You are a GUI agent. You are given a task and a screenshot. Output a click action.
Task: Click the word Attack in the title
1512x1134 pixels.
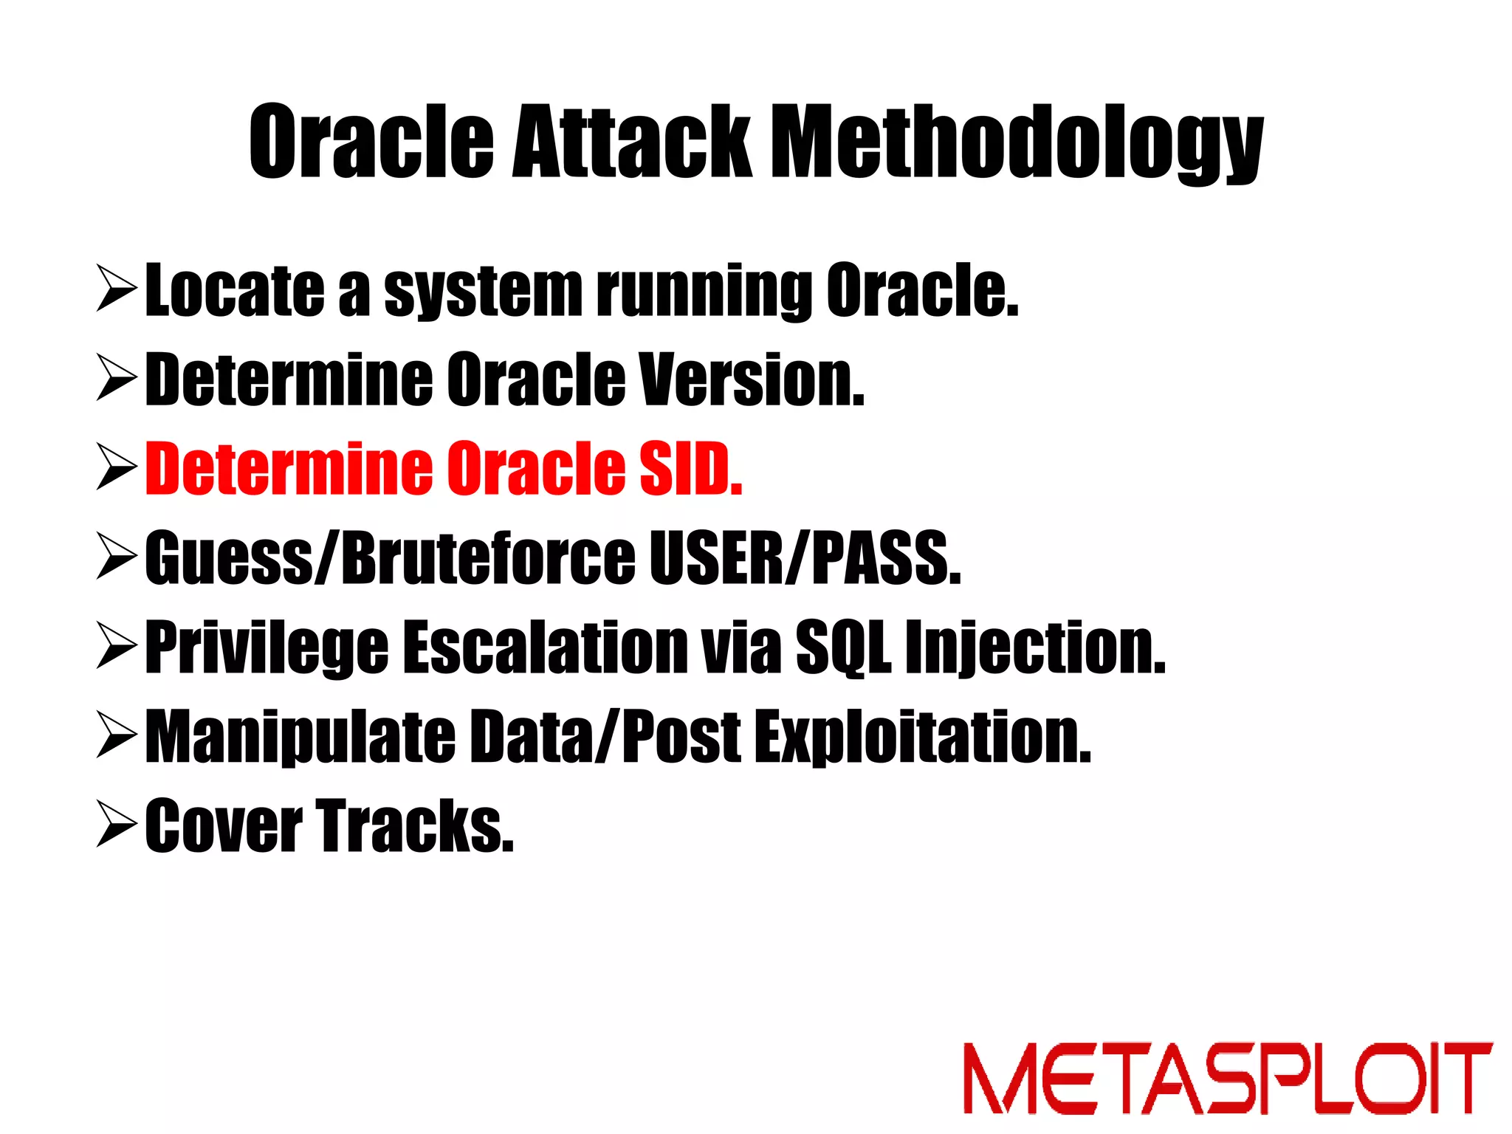pyautogui.click(x=631, y=142)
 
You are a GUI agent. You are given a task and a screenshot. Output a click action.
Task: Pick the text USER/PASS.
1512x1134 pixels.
pyautogui.click(x=805, y=559)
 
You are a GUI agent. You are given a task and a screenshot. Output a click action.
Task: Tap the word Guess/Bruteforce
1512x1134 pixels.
pyautogui.click(x=390, y=559)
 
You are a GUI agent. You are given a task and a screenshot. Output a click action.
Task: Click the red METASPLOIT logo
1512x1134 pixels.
pyautogui.click(x=1227, y=1078)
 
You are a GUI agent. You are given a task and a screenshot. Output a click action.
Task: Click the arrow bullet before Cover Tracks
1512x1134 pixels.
pyautogui.click(x=117, y=826)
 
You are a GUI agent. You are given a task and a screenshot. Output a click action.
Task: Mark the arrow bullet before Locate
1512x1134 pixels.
pyautogui.click(x=117, y=290)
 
